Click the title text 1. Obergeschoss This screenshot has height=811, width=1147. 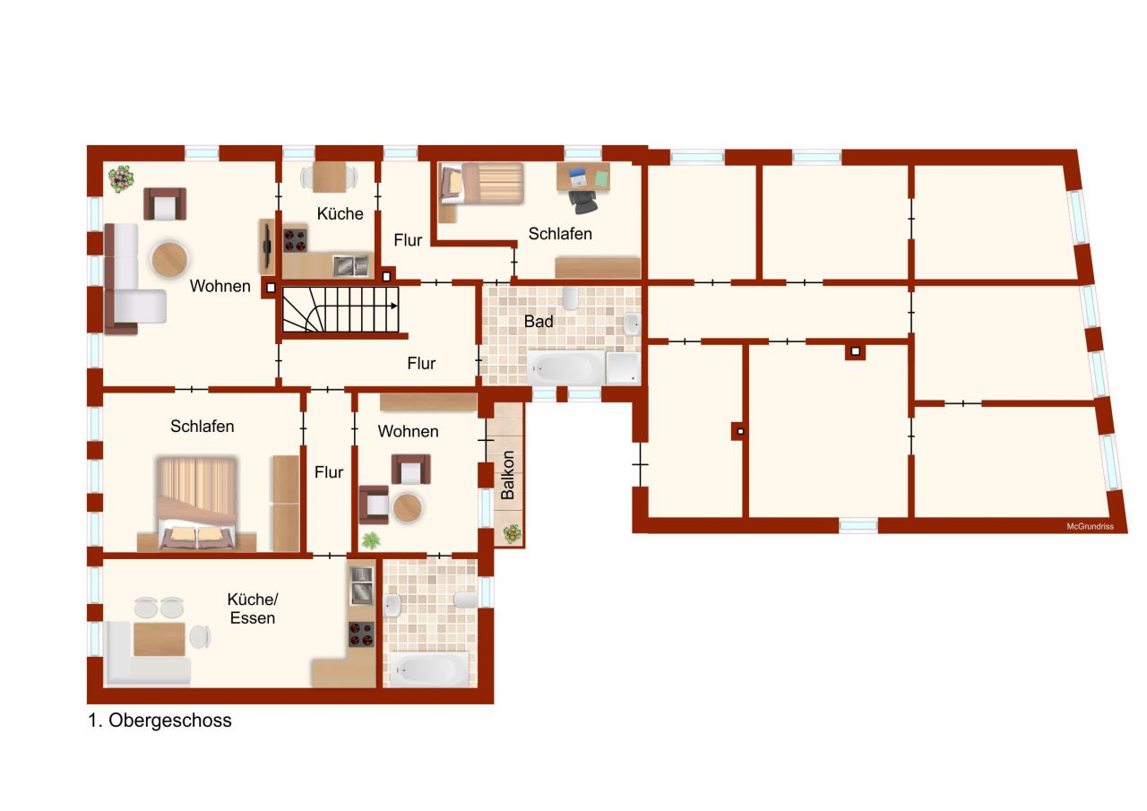[160, 720]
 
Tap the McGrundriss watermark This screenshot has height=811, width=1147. [1090, 526]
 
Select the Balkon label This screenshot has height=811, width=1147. [508, 474]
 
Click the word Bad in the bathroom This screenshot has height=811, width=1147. [539, 321]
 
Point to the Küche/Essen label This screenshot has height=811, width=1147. [251, 608]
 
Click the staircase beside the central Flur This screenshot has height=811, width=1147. [341, 307]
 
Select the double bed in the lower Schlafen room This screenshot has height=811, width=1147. [197, 503]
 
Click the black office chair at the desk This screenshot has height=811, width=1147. [583, 202]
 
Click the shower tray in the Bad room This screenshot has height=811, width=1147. [624, 367]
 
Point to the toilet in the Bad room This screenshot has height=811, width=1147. [571, 297]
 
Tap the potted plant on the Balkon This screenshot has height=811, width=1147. [512, 532]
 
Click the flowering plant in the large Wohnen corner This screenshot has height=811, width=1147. [120, 178]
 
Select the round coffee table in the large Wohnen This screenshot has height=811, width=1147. [169, 260]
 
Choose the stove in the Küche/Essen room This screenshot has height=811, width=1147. [361, 634]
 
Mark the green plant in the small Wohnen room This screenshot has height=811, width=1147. [370, 539]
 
